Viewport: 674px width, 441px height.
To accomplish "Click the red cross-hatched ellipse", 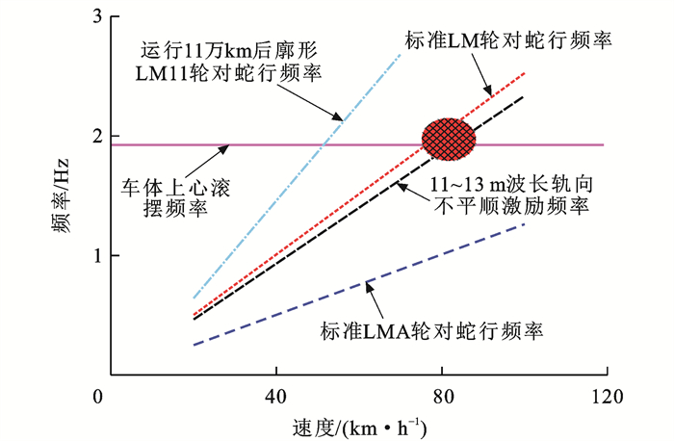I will coord(449,139).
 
